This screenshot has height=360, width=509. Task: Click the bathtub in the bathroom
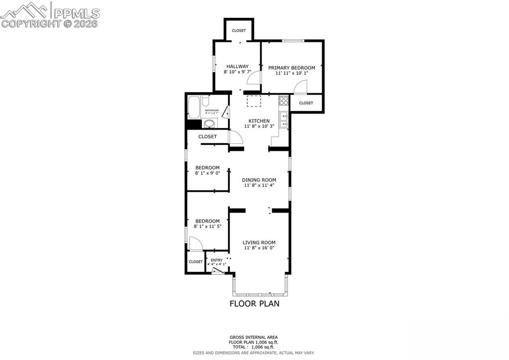pyautogui.click(x=194, y=106)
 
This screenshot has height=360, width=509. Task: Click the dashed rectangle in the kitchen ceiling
pyautogui.click(x=254, y=101)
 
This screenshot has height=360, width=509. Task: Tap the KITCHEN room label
pyautogui.click(x=259, y=121)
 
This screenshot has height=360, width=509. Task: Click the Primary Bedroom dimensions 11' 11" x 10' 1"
pyautogui.click(x=292, y=73)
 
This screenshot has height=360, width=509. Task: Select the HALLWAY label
pyautogui.click(x=237, y=66)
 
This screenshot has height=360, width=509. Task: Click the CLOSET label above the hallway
pyautogui.click(x=239, y=31)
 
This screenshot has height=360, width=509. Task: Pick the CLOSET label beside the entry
pyautogui.click(x=196, y=261)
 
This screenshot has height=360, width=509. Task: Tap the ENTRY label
pyautogui.click(x=216, y=260)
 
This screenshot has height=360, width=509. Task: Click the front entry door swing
pyautogui.click(x=217, y=271)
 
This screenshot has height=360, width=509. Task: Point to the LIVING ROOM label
pyautogui.click(x=259, y=242)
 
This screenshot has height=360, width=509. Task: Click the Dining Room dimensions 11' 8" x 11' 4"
pyautogui.click(x=259, y=185)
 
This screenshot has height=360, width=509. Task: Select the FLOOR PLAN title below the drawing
pyautogui.click(x=254, y=303)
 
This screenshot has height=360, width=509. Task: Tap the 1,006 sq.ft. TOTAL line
pyautogui.click(x=254, y=347)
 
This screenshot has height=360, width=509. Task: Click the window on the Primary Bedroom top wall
pyautogui.click(x=293, y=41)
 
